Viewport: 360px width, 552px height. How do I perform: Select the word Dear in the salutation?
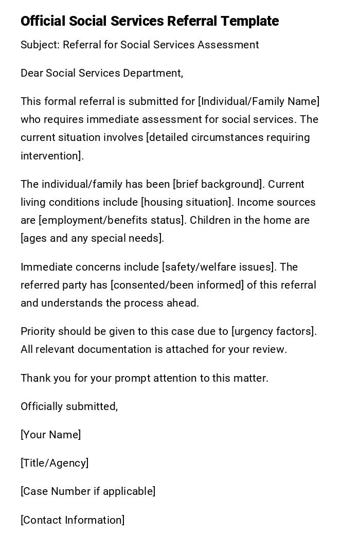click(x=31, y=73)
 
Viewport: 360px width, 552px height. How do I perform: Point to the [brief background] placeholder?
click(x=219, y=184)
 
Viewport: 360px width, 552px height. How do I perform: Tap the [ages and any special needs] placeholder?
click(x=92, y=238)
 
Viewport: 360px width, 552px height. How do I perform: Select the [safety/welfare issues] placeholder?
click(x=219, y=267)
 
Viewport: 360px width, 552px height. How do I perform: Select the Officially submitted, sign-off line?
click(x=69, y=406)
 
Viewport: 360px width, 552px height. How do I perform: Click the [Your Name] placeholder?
click(x=51, y=435)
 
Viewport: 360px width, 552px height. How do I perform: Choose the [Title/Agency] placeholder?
click(x=55, y=463)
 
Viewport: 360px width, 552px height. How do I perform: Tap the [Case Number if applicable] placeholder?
click(x=88, y=491)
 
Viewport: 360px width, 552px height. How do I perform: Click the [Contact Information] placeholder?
click(x=73, y=520)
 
